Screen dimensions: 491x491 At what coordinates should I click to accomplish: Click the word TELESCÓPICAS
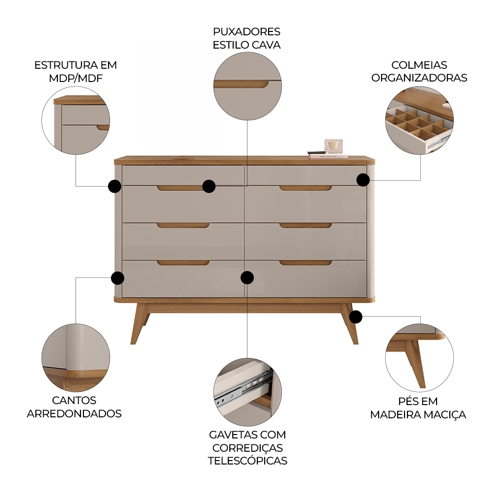(247, 461)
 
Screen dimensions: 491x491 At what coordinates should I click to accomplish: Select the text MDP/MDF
(75, 78)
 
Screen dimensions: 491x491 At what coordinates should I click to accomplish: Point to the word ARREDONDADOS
(74, 413)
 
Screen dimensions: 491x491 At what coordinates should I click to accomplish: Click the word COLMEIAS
(419, 65)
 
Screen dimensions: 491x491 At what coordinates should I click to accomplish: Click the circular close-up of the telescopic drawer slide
(247, 392)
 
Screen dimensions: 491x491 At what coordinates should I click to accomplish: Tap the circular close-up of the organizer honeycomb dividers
(419, 121)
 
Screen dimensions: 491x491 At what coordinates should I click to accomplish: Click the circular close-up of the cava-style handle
(247, 87)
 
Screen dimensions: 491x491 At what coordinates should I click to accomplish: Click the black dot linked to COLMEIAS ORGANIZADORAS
(363, 180)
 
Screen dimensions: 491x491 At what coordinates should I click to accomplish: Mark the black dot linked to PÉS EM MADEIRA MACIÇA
(356, 317)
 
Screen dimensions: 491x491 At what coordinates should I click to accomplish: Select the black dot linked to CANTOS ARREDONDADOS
(117, 278)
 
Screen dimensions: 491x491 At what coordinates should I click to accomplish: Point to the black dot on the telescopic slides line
(247, 277)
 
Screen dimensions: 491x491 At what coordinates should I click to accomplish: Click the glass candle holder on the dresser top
(333, 146)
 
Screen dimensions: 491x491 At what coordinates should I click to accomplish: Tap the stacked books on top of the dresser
(327, 156)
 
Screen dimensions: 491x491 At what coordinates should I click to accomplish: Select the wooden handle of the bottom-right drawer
(305, 263)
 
